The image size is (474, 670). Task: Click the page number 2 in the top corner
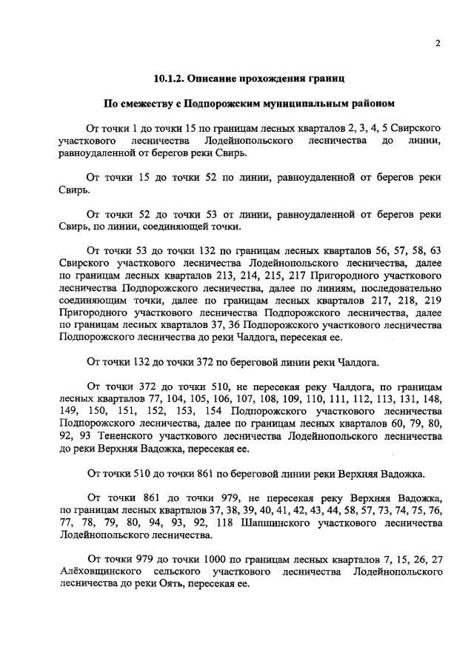[x=438, y=43]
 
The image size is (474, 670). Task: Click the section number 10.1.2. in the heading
[x=173, y=77]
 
